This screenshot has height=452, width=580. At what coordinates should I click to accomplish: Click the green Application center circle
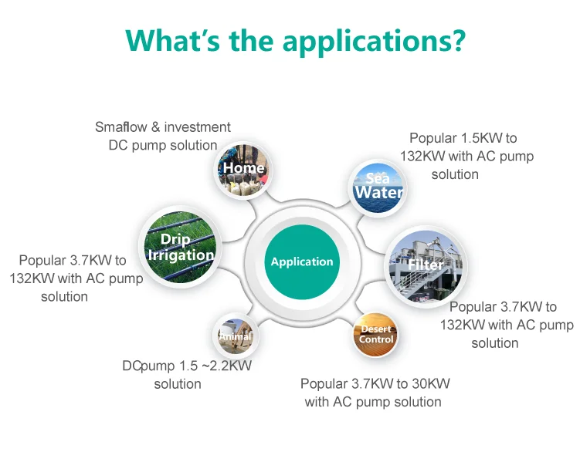pos(302,261)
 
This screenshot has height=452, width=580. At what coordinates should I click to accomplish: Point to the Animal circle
pos(235,336)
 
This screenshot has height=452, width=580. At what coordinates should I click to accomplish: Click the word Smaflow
pos(124,127)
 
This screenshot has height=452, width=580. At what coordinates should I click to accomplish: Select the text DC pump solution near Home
pos(162,145)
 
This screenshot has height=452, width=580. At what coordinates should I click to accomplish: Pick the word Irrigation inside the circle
pos(181,255)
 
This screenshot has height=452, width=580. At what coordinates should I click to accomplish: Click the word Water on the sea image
pos(378,193)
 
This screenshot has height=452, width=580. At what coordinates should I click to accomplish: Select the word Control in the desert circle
pos(377,339)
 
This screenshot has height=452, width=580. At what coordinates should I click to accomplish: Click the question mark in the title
pos(459,39)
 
